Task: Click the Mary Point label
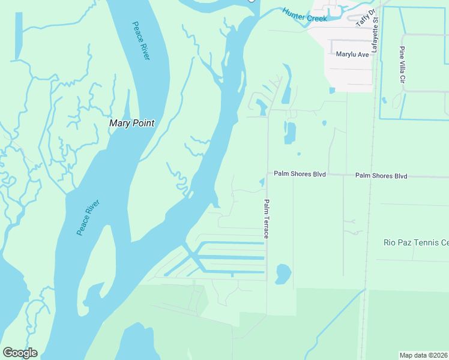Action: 131,123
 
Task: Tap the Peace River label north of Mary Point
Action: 141,40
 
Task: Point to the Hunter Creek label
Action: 305,16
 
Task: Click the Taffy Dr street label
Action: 366,18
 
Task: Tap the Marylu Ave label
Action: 352,54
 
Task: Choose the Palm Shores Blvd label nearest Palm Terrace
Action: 300,174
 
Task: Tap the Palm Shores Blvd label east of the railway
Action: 381,176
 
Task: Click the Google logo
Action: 20,353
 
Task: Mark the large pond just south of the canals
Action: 283,274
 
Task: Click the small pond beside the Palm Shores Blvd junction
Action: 262,182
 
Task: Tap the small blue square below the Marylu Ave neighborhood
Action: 332,91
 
